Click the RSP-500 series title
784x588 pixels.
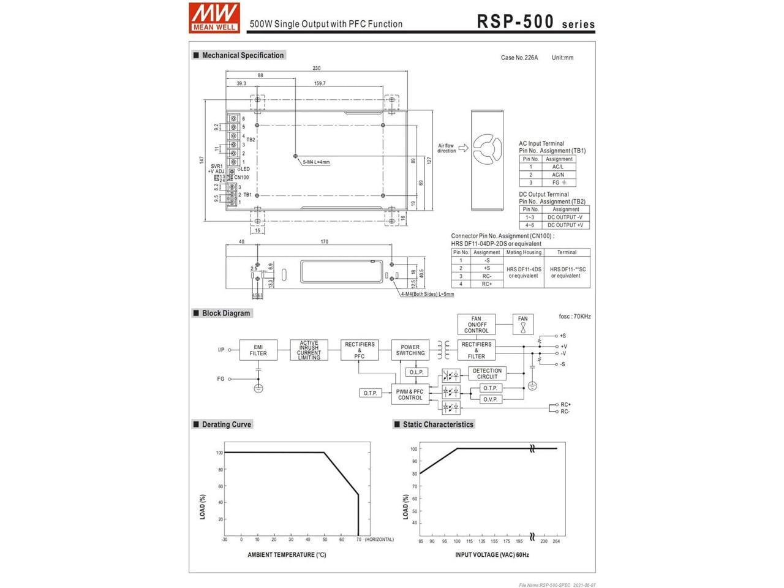535,21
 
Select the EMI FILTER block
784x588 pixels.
258,350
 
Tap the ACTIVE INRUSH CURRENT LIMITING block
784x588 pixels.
309,350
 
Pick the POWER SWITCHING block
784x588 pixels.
410,350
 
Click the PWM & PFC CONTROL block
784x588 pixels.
410,394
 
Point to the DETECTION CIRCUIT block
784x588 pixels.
487,374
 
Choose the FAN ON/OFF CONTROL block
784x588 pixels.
476,325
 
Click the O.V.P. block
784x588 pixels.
490,399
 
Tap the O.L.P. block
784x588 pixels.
416,372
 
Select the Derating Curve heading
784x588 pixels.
226,424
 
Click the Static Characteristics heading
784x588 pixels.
437,424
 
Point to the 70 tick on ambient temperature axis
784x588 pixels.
358,540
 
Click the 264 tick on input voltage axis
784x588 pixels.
556,541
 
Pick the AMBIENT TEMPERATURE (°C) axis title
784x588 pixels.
287,555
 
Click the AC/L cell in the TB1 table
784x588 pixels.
558,167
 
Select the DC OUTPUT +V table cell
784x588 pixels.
565,225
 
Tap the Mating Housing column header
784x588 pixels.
524,252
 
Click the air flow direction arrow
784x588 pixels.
463,148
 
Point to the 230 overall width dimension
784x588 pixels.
316,69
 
